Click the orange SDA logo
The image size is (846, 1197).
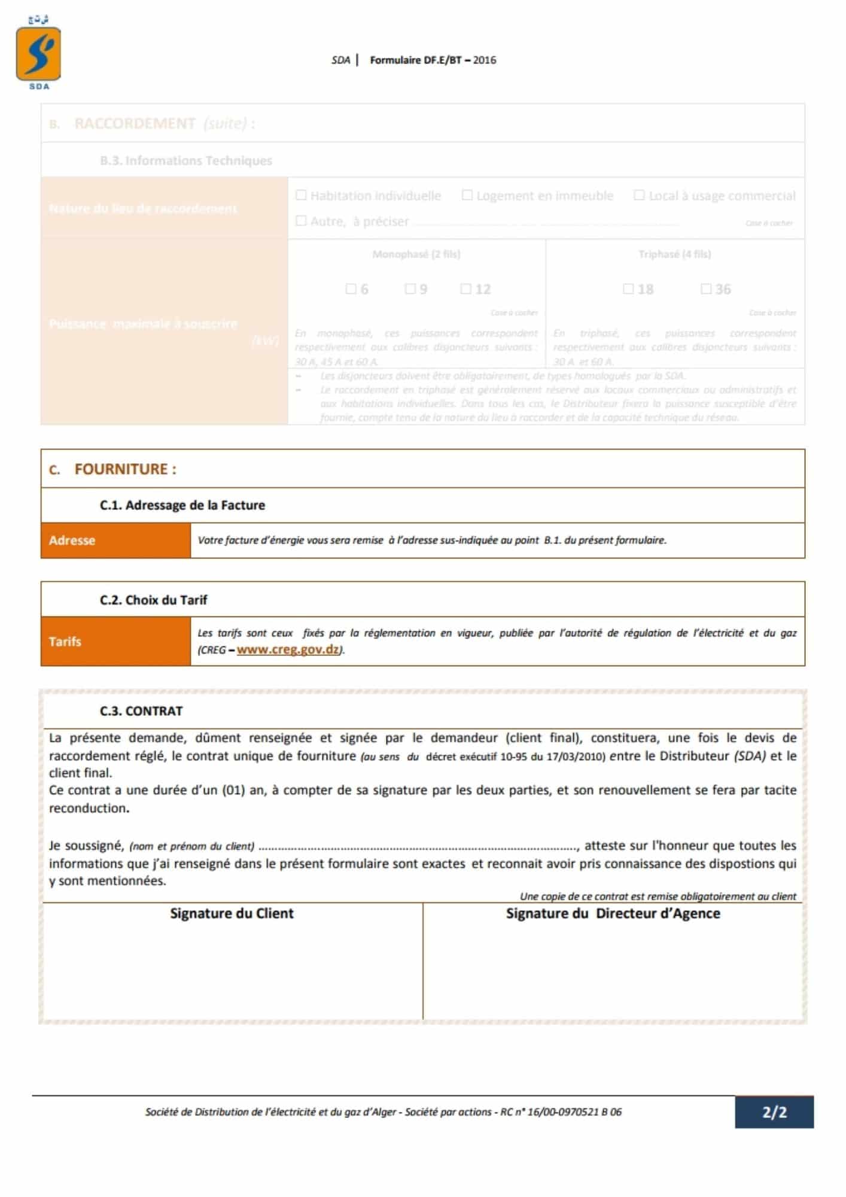pos(38,54)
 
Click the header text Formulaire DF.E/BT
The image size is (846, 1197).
pos(433,60)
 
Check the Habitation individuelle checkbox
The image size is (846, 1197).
pos(302,195)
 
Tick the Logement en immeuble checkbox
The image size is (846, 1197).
pos(467,195)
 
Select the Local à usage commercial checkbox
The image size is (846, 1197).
pos(639,195)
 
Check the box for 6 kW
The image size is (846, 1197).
pos(351,289)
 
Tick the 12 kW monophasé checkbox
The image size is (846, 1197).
pos(465,289)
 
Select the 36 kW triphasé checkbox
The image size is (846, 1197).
pos(706,289)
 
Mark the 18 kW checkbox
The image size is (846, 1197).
pos(628,289)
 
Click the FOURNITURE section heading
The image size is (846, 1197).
pos(125,469)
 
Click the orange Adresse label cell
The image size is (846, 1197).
pos(115,540)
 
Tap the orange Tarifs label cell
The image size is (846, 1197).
pos(115,642)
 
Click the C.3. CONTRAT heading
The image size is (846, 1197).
pos(141,711)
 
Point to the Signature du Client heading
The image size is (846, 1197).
pos(232,913)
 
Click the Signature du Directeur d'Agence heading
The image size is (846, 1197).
pos(613,913)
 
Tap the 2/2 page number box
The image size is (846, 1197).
pos(774,1113)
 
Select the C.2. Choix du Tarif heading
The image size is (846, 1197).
pos(153,600)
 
